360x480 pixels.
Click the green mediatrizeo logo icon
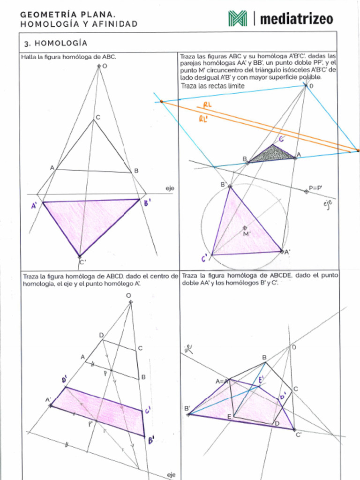click(238, 18)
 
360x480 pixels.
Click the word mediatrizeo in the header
click(296, 19)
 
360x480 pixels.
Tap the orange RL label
click(207, 105)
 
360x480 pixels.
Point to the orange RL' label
click(203, 119)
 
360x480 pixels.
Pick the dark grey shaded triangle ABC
click(273, 154)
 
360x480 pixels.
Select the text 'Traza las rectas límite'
click(212, 86)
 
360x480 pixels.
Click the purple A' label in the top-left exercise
click(34, 205)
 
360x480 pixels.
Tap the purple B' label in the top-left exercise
click(147, 202)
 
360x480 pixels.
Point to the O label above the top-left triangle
click(105, 66)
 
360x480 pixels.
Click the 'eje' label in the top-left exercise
click(169, 188)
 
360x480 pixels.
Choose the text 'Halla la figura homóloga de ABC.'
click(68, 57)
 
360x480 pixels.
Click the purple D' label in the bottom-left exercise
click(64, 379)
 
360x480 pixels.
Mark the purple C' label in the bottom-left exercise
click(147, 411)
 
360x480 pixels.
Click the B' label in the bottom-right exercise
click(187, 408)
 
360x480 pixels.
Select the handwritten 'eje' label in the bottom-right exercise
click(188, 349)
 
